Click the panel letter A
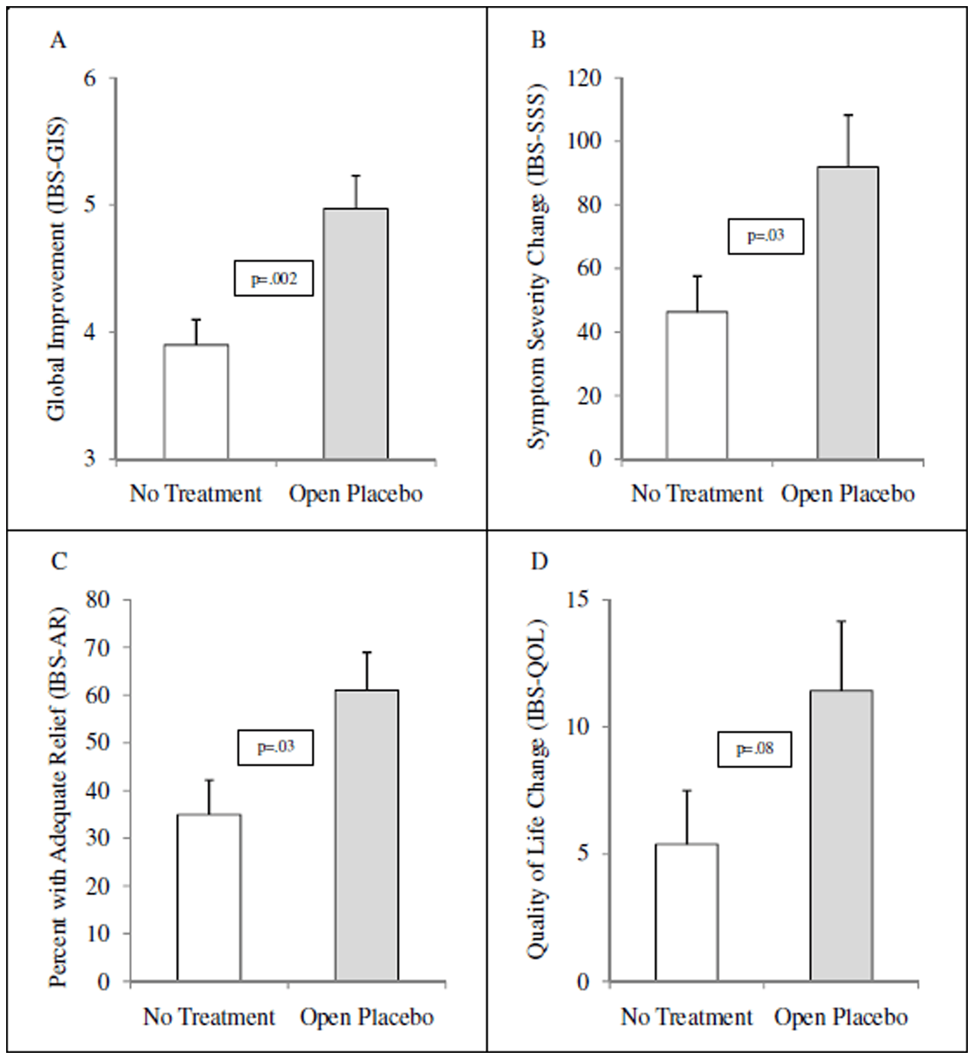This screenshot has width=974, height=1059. [58, 41]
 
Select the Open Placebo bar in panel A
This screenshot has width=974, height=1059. [356, 334]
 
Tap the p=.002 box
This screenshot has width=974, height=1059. [273, 278]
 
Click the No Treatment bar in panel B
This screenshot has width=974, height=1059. [697, 385]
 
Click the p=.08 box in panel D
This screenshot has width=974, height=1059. [754, 749]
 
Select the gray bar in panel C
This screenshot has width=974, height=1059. [367, 835]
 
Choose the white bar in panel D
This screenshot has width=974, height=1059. [686, 913]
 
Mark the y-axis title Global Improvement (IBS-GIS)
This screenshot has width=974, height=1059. [57, 269]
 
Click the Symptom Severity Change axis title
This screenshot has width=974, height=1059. [538, 267]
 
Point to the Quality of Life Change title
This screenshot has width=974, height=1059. [538, 790]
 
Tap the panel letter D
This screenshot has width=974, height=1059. [539, 562]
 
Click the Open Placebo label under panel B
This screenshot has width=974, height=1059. [848, 494]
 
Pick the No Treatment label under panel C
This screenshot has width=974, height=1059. [209, 1017]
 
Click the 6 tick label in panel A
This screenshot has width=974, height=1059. [90, 78]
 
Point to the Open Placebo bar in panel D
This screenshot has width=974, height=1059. [841, 835]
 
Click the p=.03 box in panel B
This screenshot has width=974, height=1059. [766, 236]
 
